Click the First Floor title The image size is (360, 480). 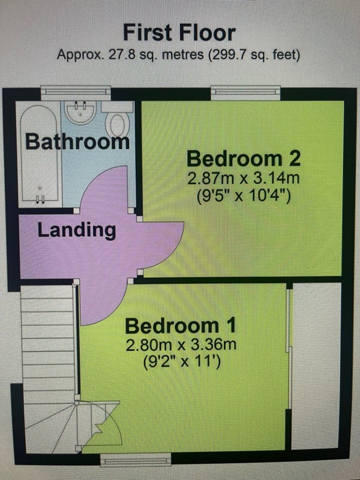[x=179, y=33]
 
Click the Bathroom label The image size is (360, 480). [x=77, y=142]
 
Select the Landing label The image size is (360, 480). [x=77, y=230]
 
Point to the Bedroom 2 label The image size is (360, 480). [x=244, y=158]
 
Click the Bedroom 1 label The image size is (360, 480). [x=181, y=326]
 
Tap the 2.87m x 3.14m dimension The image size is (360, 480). [x=244, y=178]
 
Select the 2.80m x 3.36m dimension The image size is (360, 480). [x=181, y=346]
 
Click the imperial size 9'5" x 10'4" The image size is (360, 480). [x=244, y=196]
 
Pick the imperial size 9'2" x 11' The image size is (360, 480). [x=182, y=362]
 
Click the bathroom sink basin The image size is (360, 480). [x=81, y=113]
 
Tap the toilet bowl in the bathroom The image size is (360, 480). [x=118, y=125]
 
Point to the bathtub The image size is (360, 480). [x=39, y=154]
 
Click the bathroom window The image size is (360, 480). [x=76, y=92]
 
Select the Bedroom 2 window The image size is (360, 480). [x=245, y=92]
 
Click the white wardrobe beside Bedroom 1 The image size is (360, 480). [x=316, y=366]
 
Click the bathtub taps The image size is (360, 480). [x=40, y=199]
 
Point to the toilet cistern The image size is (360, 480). [x=118, y=107]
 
